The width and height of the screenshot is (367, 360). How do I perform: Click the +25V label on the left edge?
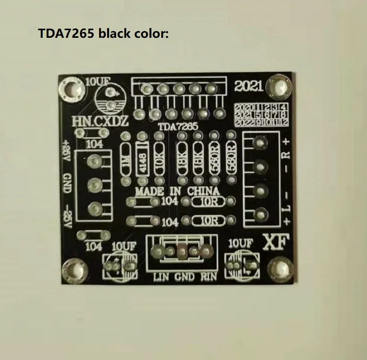click(66, 152)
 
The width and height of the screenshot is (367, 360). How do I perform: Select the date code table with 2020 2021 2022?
click(261, 114)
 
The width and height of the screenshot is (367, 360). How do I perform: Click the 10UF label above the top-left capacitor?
click(97, 81)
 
